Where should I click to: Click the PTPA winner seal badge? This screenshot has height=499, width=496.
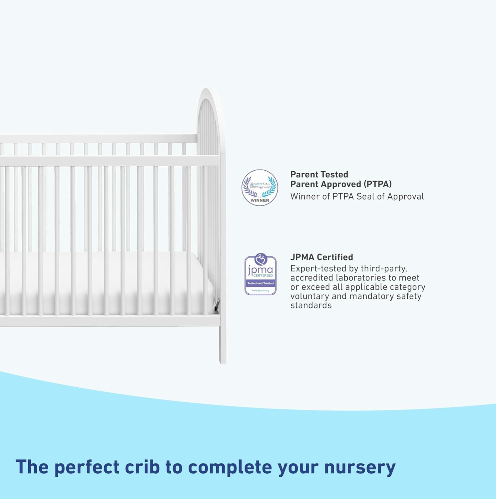[260, 187]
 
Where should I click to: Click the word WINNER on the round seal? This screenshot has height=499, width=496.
[260, 200]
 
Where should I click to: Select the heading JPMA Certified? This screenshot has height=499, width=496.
[321, 257]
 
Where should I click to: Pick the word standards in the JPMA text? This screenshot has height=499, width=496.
[311, 305]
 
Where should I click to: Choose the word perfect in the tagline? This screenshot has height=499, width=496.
[87, 467]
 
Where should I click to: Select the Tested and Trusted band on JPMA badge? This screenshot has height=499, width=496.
[260, 283]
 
